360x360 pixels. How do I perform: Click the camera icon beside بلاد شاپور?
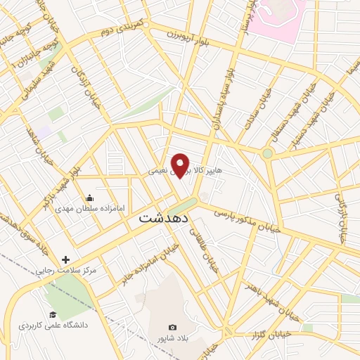pos(173,328)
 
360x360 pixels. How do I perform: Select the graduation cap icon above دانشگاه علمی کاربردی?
pos(52,314)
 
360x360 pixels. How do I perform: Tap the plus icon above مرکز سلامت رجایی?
pos(66,260)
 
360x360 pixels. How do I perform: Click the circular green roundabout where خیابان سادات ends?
pos(267,153)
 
